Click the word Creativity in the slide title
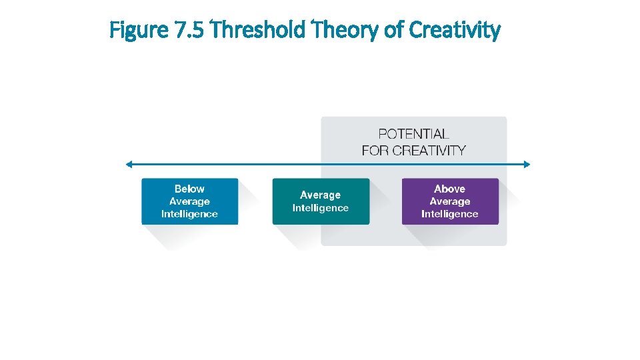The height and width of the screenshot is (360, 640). coord(454,31)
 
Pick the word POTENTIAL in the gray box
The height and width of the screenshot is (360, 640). coord(413,134)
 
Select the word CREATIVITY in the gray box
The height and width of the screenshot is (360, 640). coord(429,150)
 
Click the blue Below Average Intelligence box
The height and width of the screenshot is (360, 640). coord(189,201)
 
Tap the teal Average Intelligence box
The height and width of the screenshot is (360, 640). coord(321,201)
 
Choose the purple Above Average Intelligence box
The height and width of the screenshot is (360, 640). coord(450,201)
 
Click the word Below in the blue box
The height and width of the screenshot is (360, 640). coord(189,189)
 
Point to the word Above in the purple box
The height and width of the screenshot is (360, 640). coord(450,189)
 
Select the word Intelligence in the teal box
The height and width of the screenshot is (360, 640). coord(321,208)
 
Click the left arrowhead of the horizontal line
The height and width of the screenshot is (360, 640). coord(128,164)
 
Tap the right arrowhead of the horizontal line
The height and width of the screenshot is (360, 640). coord(527,164)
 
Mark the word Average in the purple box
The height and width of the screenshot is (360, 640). coord(450,201)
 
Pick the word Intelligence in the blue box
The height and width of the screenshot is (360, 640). coord(189,214)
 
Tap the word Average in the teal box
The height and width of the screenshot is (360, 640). coord(321,195)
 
